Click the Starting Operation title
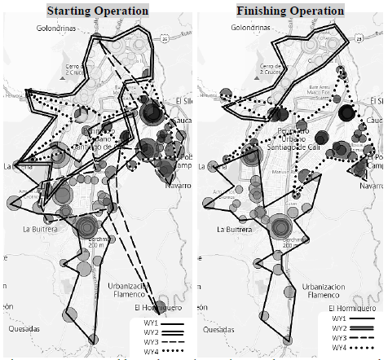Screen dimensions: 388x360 coord(98,11)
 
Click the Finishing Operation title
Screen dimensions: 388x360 coord(290,11)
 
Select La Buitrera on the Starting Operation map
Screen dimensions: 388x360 coord(29,230)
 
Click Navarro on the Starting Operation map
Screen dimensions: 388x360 coord(177,185)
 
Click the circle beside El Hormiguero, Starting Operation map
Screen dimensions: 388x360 coord(163,308)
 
